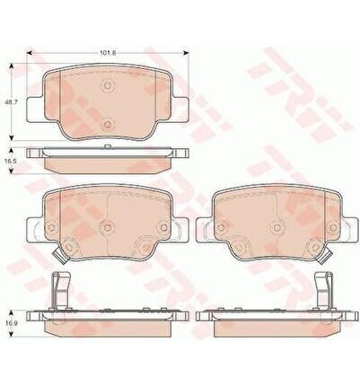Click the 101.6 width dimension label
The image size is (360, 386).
pyautogui.click(x=108, y=53)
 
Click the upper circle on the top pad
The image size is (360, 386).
pyautogui.click(x=108, y=86)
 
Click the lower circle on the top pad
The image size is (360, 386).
pyautogui.click(x=108, y=123)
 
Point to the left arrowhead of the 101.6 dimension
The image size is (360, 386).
pyautogui.click(x=30, y=53)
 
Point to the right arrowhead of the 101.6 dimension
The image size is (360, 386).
pyautogui.click(x=187, y=53)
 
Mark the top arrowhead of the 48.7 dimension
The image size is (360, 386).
pyautogui.click(x=12, y=66)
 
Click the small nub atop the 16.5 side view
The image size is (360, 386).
pyautogui.click(x=108, y=146)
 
